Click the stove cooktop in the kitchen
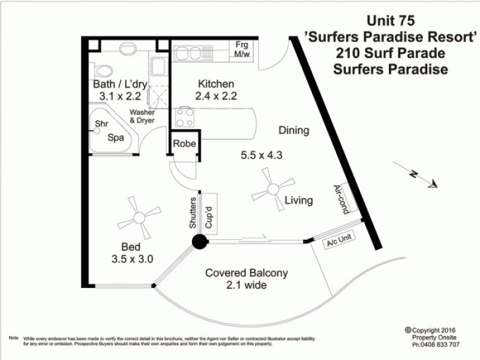tap(184, 116)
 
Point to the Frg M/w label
tap(243, 49)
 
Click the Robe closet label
tap(182, 144)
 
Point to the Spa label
tap(115, 137)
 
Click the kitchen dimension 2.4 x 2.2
tap(215, 95)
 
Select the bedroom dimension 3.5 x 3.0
tap(132, 260)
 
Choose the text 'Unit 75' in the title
tap(391, 23)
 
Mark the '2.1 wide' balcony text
tap(247, 285)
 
